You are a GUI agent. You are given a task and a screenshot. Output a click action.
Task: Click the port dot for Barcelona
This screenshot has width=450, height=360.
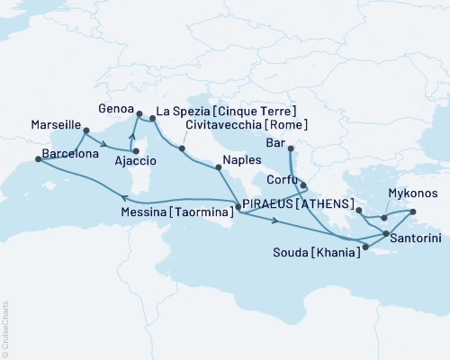[38, 158]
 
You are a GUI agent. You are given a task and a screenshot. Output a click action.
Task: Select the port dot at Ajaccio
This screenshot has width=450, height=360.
[136, 164]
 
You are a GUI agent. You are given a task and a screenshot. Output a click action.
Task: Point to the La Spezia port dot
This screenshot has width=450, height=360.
[152, 117]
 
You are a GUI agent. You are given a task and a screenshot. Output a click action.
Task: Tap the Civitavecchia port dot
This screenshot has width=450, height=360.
[182, 148]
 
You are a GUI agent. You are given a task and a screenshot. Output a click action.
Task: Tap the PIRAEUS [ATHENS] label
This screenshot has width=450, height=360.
[294, 203]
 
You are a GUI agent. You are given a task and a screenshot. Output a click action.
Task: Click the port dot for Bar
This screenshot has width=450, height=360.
[292, 149]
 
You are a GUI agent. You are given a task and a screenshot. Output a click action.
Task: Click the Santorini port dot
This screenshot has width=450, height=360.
[386, 234]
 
